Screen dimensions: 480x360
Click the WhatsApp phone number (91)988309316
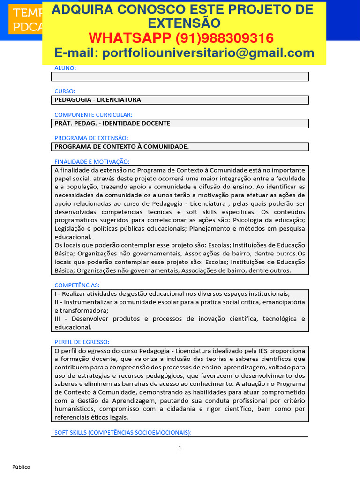(225, 38)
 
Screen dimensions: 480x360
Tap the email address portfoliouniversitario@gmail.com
(208, 53)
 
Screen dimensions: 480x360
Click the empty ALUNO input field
(180, 76)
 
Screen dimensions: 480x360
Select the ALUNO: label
(65, 68)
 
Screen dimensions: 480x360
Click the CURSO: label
(65, 91)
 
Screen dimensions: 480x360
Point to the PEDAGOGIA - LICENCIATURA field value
(97, 100)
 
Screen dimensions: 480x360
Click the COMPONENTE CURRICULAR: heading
(93, 114)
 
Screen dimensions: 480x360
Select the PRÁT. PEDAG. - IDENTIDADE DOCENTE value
(112, 123)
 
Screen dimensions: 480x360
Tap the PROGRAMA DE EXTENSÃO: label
(91, 138)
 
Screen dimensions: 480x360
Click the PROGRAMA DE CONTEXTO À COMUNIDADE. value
(122, 147)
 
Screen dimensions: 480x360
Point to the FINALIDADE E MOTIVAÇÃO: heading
(92, 161)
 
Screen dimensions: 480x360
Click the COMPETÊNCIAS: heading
(77, 285)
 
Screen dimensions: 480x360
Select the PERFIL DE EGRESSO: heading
(82, 342)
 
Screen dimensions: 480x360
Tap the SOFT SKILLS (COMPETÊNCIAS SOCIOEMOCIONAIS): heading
(123, 433)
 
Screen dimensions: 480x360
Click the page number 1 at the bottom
(180, 448)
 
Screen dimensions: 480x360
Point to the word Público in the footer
(21, 467)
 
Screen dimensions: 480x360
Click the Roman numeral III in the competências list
(59, 319)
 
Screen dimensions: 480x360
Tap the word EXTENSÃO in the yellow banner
(184, 23)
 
